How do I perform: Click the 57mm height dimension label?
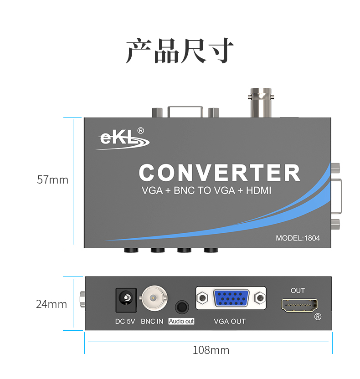(x=52, y=180)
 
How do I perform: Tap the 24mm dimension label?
(x=51, y=304)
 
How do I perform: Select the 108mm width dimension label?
(x=211, y=350)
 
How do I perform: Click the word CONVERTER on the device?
(x=220, y=173)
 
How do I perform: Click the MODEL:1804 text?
(x=298, y=238)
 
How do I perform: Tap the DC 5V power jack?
(x=125, y=299)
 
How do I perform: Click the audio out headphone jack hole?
(x=181, y=306)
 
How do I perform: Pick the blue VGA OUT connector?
(x=231, y=299)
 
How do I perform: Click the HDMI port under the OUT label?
(x=299, y=305)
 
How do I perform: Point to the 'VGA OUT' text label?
(x=230, y=322)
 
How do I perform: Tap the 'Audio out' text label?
(x=181, y=322)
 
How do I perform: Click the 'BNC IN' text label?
(x=152, y=322)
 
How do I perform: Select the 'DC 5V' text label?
(x=125, y=322)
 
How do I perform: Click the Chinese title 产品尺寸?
(x=180, y=51)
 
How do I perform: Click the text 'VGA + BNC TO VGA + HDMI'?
(x=206, y=191)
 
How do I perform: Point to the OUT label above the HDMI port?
(x=298, y=291)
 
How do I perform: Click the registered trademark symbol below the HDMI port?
(x=318, y=316)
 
